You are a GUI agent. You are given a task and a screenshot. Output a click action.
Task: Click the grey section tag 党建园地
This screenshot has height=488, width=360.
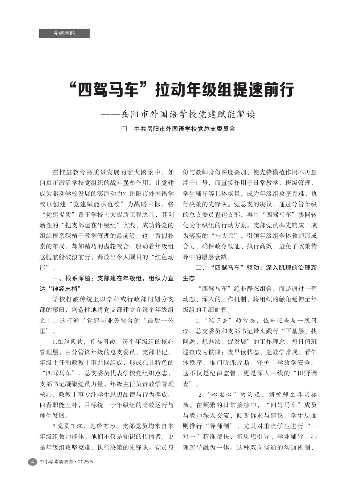[64, 33]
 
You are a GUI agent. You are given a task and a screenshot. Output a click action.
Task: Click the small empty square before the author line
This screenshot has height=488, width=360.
[124, 129]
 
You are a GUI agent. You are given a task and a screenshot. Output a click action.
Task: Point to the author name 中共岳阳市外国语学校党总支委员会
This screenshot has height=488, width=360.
[185, 129]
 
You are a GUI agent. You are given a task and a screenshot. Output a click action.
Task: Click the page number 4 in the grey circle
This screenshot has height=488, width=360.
[33, 462]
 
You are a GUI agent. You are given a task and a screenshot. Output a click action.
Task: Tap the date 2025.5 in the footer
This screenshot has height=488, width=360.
[85, 462]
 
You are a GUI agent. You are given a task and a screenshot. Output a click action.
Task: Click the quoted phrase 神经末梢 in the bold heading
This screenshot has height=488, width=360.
[64, 289]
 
